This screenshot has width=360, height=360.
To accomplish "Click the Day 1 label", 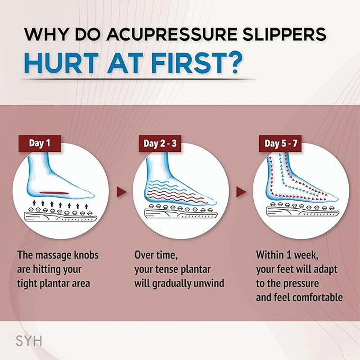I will (x=40, y=144).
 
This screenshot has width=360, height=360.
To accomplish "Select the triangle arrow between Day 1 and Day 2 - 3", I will (x=121, y=193).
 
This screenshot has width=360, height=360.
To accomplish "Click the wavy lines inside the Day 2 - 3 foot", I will (x=175, y=191).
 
